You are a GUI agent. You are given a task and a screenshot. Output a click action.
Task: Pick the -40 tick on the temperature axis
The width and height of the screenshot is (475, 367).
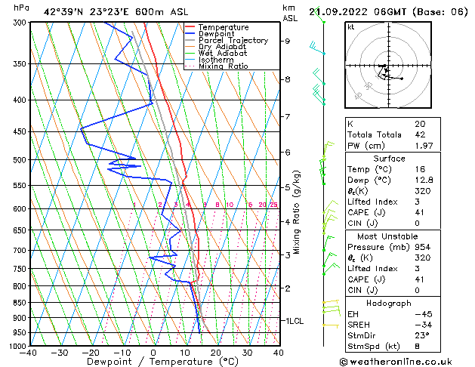coord(29,353)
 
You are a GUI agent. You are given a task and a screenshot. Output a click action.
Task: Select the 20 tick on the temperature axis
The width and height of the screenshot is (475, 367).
coord(216,353)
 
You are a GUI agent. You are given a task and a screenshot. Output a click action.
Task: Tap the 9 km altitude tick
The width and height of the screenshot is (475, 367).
coord(288,42)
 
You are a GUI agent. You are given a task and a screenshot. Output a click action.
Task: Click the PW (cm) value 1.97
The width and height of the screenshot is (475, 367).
coord(422,146)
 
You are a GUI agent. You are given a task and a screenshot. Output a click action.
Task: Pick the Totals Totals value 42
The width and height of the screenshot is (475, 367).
coord(419,134)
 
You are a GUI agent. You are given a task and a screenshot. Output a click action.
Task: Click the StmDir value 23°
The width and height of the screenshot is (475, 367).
coord(421,336)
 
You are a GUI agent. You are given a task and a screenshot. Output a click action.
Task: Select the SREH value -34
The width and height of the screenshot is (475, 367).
coord(421,325)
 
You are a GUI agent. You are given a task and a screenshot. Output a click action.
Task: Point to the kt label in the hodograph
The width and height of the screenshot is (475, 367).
coord(351,26)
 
